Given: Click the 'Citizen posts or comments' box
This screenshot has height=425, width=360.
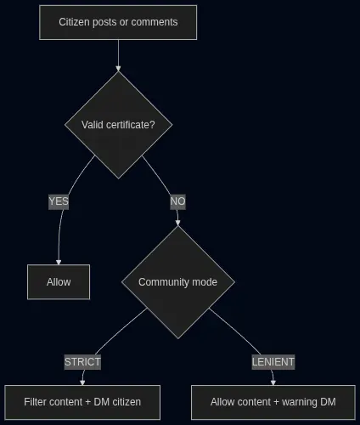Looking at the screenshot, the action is (x=118, y=22).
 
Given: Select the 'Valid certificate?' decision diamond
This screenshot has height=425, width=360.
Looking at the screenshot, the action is (x=118, y=125).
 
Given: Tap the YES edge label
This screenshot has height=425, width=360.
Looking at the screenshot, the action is (x=59, y=201).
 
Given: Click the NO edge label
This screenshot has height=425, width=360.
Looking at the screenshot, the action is (x=177, y=201).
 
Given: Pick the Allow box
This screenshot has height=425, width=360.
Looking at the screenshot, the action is (x=59, y=282).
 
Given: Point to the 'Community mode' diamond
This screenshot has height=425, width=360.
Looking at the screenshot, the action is (x=178, y=282).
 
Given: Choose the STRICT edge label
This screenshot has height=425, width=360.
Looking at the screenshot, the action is (x=82, y=362).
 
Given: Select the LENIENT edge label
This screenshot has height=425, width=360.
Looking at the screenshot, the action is (x=273, y=362).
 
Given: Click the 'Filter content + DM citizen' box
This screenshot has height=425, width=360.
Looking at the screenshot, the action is (x=82, y=402).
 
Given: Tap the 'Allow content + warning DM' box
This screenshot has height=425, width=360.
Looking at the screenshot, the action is (x=273, y=402).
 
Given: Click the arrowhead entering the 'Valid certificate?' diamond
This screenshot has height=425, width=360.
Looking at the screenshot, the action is (x=118, y=69).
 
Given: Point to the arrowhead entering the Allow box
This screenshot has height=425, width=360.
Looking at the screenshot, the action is (x=59, y=262).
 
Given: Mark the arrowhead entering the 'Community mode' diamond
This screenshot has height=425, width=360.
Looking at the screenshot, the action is (x=177, y=223).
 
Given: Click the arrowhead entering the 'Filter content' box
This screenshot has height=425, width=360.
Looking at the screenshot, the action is (x=82, y=382).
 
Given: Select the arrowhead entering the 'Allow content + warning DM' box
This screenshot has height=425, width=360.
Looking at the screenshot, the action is (x=273, y=382).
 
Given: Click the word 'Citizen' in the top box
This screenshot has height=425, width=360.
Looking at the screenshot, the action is (x=74, y=22).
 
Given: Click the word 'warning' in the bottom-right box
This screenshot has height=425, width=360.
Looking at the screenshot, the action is (x=300, y=402).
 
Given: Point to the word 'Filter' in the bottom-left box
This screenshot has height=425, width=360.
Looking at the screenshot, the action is (x=33, y=402).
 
